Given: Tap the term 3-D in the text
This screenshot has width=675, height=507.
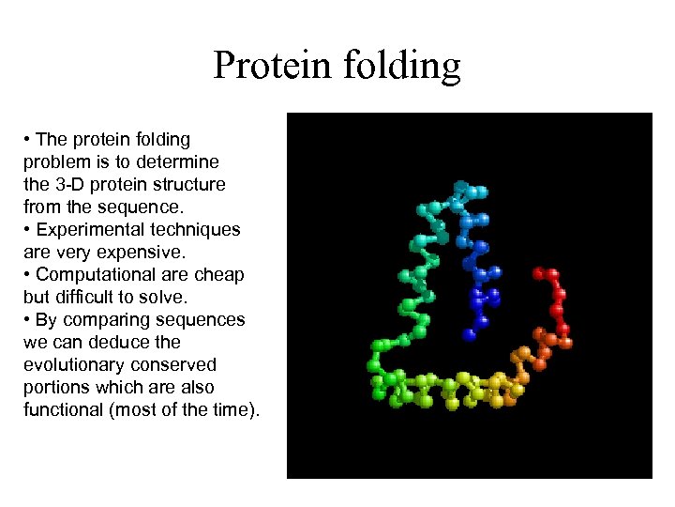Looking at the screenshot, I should pyautogui.click(x=73, y=184).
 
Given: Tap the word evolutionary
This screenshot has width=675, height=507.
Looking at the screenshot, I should pyautogui.click(x=72, y=365).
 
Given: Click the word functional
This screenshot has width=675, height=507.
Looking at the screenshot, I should pyautogui.click(x=63, y=409).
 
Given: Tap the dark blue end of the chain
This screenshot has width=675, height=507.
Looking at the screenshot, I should pyautogui.click(x=470, y=332).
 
